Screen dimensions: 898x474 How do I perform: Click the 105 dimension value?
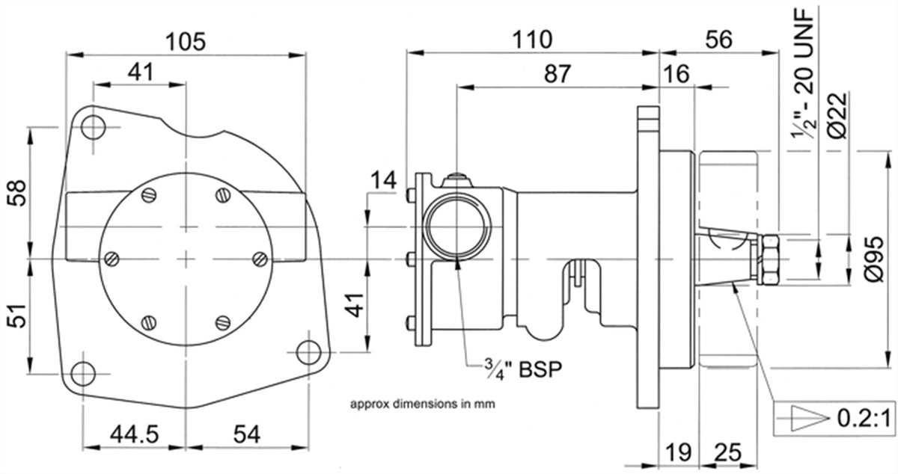(186, 42)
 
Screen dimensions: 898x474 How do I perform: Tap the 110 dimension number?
(532, 40)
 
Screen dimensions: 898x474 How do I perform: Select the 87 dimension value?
(557, 74)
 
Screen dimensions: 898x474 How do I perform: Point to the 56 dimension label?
(719, 40)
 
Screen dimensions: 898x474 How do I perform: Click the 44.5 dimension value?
(135, 434)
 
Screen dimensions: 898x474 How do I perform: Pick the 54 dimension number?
(246, 434)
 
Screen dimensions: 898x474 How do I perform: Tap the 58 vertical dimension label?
(17, 193)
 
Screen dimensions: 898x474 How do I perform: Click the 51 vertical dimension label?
(17, 316)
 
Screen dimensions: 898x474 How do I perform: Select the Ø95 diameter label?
(873, 259)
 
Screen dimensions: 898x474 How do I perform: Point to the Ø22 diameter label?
(837, 116)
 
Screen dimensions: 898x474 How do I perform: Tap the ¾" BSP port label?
(523, 369)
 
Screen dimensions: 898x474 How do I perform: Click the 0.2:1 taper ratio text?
(864, 419)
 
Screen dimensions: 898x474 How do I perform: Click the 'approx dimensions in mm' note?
(423, 404)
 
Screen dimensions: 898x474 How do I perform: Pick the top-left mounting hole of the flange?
(93, 127)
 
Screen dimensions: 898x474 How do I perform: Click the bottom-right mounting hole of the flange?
(308, 352)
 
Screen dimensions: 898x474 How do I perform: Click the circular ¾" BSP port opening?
(457, 226)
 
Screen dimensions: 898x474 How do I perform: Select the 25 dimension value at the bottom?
(727, 453)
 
